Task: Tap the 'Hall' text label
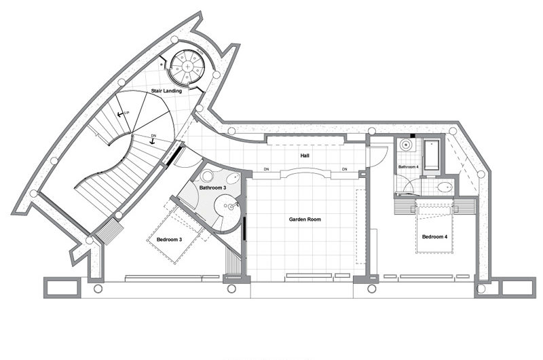tap(305, 156)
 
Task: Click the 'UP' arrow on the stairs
tap(122, 113)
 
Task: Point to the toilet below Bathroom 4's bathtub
tap(445, 187)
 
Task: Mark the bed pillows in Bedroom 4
tap(434, 211)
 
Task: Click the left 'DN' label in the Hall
tap(267, 169)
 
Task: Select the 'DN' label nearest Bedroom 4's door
tap(345, 169)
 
